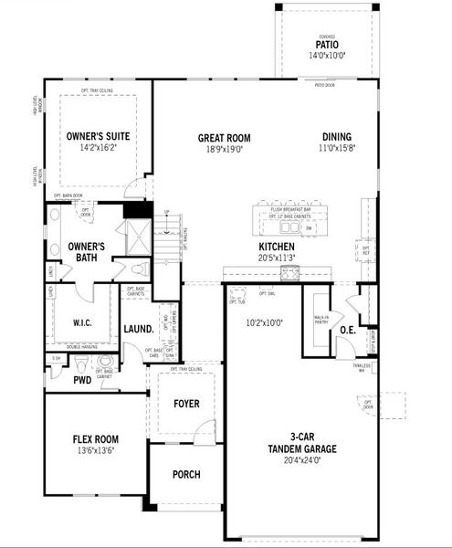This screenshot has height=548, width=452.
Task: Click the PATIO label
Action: click(326, 43)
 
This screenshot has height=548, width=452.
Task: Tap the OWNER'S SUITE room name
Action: click(98, 136)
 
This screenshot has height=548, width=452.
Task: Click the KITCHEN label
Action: click(276, 248)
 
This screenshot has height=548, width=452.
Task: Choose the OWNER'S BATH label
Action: click(86, 252)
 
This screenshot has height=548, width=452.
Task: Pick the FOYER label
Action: click(185, 403)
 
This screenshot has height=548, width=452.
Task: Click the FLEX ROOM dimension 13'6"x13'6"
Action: click(95, 450)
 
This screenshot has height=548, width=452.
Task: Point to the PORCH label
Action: click(185, 474)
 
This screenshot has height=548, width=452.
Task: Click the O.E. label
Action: click(347, 330)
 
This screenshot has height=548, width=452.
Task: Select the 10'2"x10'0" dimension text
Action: click(265, 321)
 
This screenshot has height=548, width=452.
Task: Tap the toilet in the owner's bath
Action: click(138, 271)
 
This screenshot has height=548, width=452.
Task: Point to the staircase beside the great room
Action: click(168, 242)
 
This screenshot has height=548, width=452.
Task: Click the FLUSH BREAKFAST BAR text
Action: click(291, 209)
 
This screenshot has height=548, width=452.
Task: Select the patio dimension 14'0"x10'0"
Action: click(326, 56)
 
